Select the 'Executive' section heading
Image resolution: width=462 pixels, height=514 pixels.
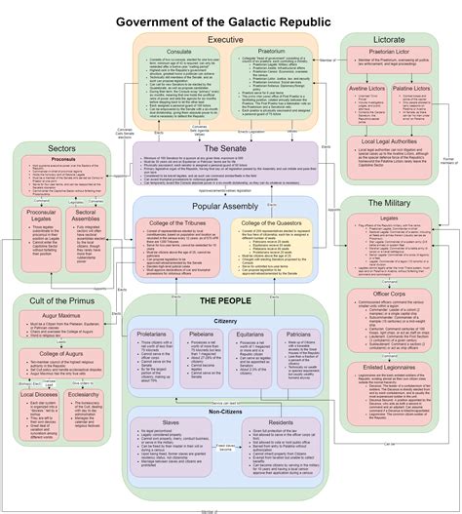[x=225, y=39]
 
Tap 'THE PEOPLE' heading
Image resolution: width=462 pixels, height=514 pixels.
[x=224, y=301]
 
